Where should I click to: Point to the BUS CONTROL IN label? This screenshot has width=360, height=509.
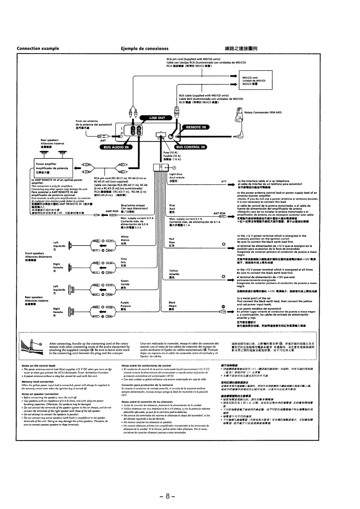pyautogui.click(x=190, y=147)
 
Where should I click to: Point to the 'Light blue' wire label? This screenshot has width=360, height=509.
pyautogui.click(x=175, y=174)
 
